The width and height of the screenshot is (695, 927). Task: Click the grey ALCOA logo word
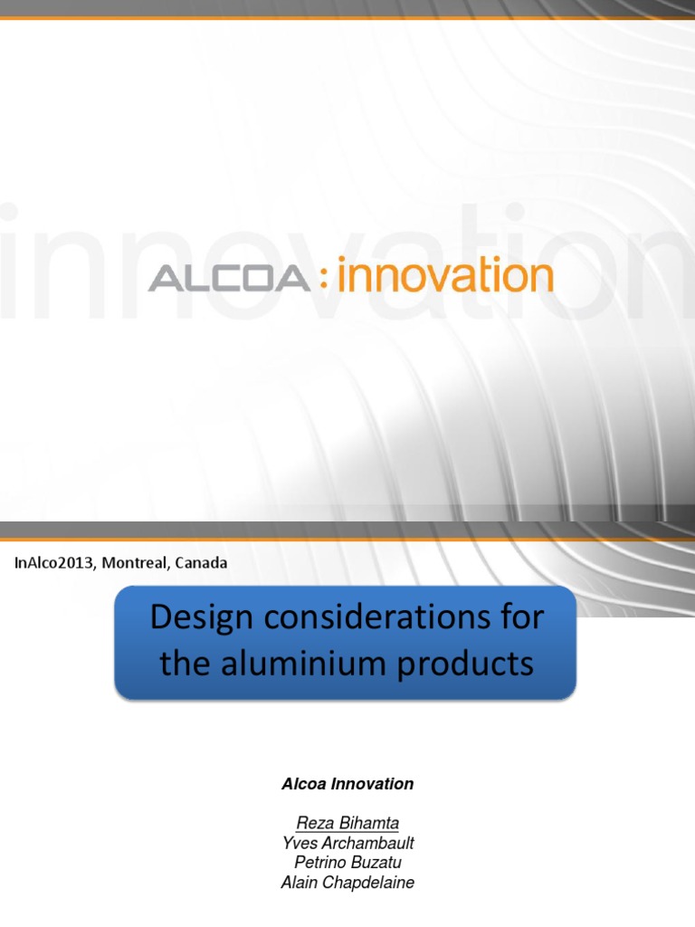[x=228, y=278]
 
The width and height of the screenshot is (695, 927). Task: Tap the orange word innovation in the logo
[x=444, y=275]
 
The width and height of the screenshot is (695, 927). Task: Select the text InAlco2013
[x=54, y=563]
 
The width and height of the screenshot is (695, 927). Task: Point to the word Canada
[x=201, y=563]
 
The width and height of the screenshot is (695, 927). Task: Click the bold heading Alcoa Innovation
[x=347, y=784]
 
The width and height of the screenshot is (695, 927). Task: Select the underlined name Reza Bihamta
[x=347, y=823]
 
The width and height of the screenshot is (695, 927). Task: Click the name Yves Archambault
[x=347, y=843]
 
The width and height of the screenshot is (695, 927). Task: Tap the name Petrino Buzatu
[x=347, y=863]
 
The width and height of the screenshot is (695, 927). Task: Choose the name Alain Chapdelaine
[x=347, y=883]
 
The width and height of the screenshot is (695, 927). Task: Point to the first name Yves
[x=299, y=843]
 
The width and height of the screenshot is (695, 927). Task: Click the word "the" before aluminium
[x=184, y=665]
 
